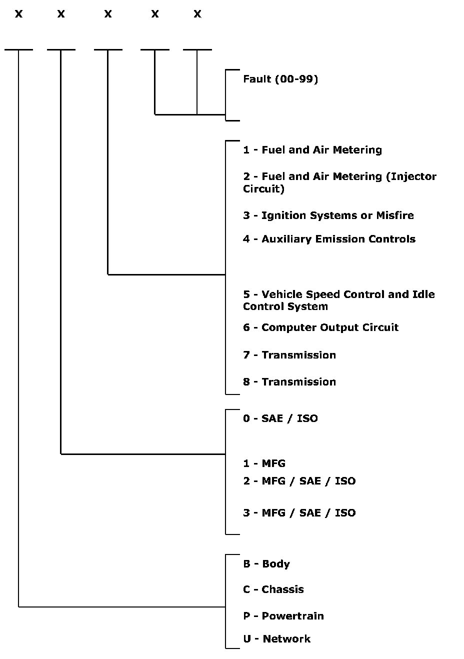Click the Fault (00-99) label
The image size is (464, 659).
click(x=280, y=79)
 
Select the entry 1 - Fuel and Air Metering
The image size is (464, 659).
click(x=312, y=150)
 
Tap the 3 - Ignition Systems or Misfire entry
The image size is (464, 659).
click(x=328, y=215)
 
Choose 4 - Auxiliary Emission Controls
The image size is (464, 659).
click(x=329, y=239)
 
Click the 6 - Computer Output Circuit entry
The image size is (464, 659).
click(x=320, y=327)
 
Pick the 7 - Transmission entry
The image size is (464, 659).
click(x=289, y=355)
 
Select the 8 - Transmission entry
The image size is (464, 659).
click(x=289, y=382)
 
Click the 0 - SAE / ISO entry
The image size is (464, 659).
click(x=280, y=418)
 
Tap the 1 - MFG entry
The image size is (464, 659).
click(x=264, y=463)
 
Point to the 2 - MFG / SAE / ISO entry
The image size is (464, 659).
click(x=299, y=481)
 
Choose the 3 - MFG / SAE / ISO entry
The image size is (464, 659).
click(x=299, y=513)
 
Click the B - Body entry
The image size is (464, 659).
click(x=266, y=564)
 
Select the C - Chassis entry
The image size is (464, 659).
click(x=273, y=589)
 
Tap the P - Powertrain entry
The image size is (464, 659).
click(x=283, y=616)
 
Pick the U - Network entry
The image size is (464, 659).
click(x=276, y=639)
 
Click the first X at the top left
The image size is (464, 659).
click(x=18, y=14)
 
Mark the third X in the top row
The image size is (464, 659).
click(x=108, y=14)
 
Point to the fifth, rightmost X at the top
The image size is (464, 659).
click(x=197, y=14)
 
